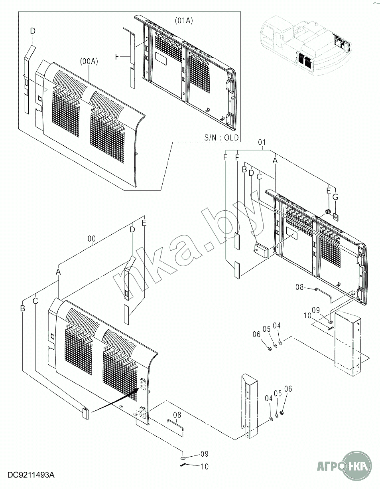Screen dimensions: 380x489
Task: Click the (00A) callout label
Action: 89,61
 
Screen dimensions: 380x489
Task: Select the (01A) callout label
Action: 184,21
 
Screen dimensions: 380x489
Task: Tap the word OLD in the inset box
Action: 231,137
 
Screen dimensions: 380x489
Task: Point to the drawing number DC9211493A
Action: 31,475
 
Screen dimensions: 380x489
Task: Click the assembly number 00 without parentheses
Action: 91,239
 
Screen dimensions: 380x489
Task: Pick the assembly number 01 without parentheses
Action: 262,142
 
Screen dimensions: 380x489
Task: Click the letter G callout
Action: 335,197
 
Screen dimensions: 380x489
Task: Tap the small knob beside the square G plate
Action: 328,211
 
